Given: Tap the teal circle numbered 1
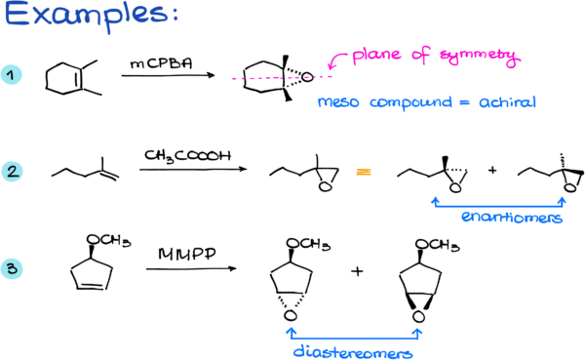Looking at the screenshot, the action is [12, 75].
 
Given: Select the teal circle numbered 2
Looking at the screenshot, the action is [12, 172].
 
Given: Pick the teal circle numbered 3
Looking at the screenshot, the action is [12, 268].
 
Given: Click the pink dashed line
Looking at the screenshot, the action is [282, 77].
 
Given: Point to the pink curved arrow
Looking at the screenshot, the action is [337, 62].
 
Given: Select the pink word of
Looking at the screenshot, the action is [421, 56].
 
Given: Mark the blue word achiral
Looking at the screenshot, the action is [507, 102].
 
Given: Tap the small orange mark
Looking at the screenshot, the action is [364, 172].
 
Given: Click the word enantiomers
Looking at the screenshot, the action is [511, 219].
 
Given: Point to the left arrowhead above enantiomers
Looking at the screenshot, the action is [434, 201].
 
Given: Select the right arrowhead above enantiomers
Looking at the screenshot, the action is [563, 201].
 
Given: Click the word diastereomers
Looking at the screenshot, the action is [353, 352].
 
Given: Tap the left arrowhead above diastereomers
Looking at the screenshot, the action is [290, 333].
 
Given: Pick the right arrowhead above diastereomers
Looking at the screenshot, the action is [418, 333].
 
